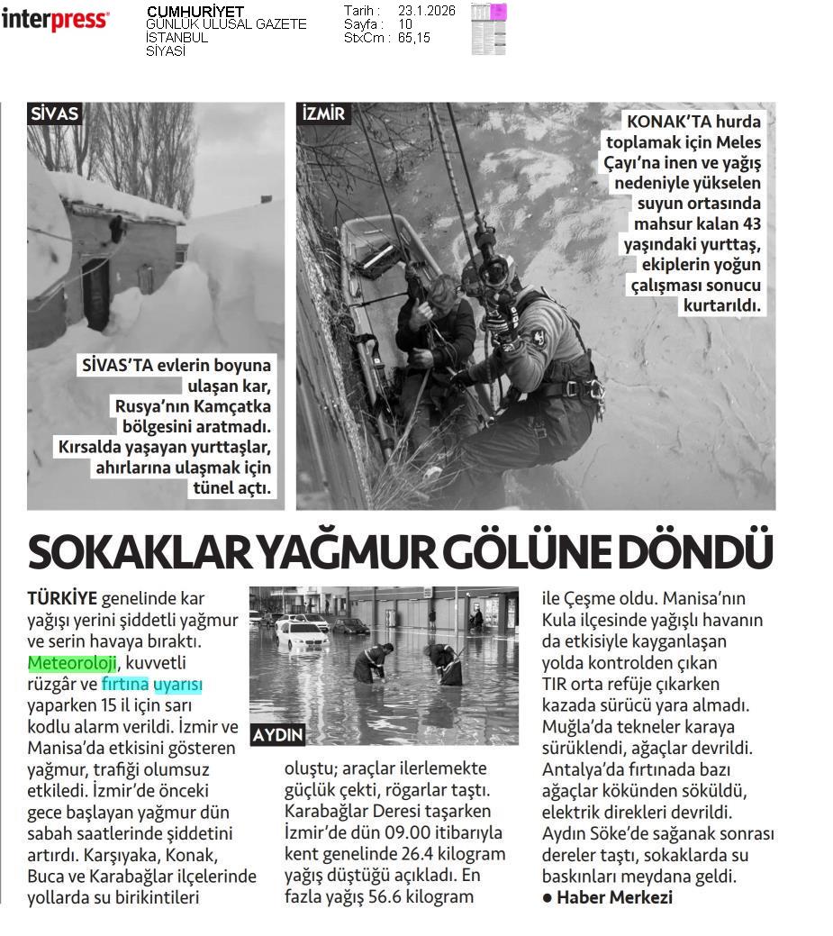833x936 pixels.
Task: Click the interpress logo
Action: (x=55, y=19)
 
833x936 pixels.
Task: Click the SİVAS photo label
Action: (x=55, y=114)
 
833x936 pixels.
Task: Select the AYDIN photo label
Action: (x=278, y=734)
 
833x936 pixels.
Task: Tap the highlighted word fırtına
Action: (x=125, y=685)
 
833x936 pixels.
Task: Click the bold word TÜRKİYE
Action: (x=62, y=598)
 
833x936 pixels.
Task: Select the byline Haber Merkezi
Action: (x=614, y=897)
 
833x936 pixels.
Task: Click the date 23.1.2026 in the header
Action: (x=426, y=11)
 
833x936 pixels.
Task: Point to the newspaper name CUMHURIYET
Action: (x=195, y=12)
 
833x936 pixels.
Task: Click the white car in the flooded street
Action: (x=302, y=636)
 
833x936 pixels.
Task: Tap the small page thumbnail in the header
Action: (x=489, y=29)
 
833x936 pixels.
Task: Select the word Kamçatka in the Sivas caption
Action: (x=232, y=406)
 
